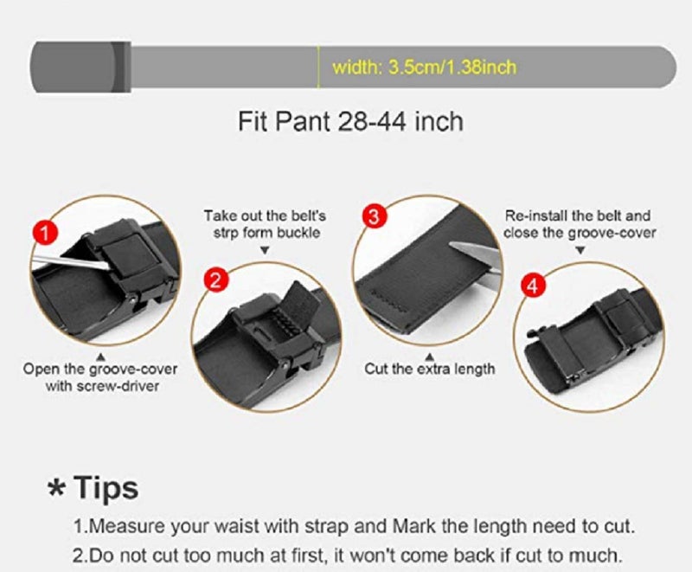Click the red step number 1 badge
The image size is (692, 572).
point(45,231)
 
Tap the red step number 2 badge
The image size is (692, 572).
point(217,279)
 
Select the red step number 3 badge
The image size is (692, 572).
point(374,217)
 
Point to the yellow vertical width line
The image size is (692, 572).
point(319,67)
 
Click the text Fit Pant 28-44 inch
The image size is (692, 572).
point(350,120)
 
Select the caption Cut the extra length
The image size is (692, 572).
point(430,369)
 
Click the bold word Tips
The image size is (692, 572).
point(106,488)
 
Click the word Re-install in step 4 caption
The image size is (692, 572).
point(534,215)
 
